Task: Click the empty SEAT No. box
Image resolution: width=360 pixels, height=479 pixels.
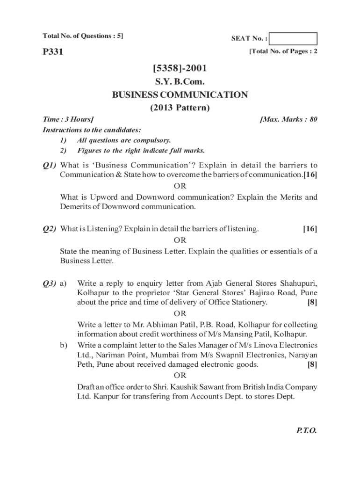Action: (x=293, y=39)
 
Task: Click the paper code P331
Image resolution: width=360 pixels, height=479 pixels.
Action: (x=53, y=52)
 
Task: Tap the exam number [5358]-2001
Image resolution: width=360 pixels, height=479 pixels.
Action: (x=180, y=70)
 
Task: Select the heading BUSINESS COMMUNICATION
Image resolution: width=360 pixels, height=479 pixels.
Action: (x=180, y=95)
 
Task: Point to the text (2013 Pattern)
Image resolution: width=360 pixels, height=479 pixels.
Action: (x=180, y=108)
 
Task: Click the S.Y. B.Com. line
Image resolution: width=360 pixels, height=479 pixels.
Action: (x=180, y=82)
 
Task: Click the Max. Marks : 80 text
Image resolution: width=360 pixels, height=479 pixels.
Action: (x=288, y=119)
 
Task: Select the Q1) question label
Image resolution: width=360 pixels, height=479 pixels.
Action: (x=50, y=165)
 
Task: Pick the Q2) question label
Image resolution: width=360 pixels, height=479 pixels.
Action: (x=50, y=229)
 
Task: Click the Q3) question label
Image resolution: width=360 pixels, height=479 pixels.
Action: (x=50, y=283)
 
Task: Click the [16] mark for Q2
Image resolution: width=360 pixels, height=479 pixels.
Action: (x=310, y=229)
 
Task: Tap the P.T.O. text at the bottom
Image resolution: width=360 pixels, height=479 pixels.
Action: (x=306, y=431)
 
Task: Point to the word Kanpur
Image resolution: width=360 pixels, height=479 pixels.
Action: (x=105, y=396)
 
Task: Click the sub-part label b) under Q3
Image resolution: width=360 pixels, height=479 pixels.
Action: (x=63, y=345)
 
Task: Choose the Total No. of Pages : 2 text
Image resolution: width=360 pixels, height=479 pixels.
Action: (x=283, y=51)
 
